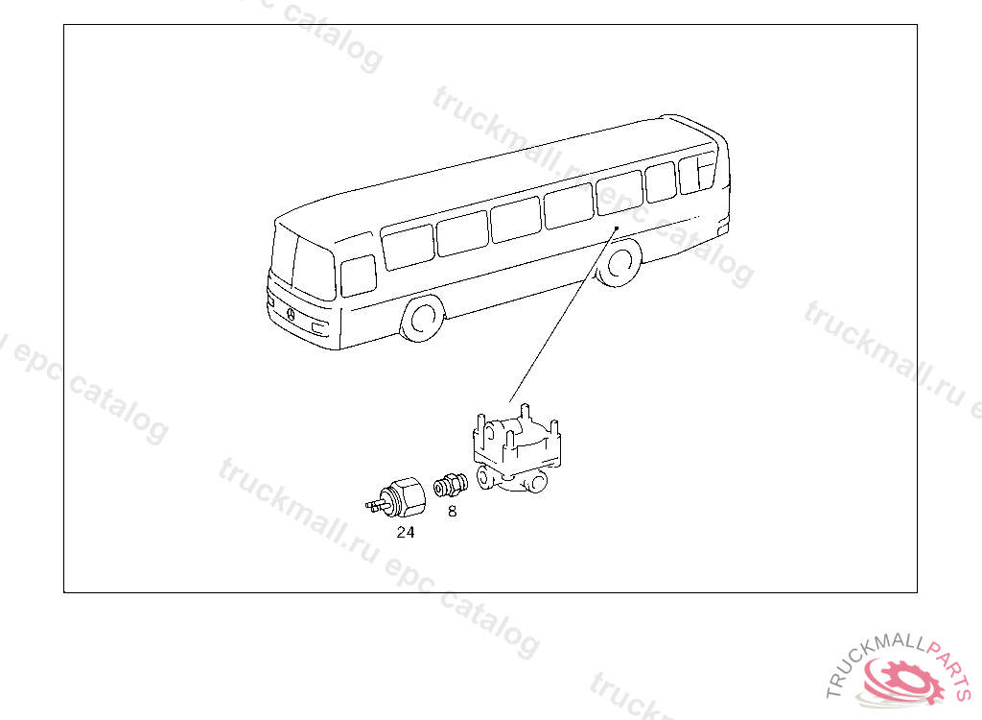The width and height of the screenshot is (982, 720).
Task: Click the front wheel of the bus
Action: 422,318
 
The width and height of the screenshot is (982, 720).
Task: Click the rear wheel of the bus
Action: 619,262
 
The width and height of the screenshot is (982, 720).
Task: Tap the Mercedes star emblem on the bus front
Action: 291,314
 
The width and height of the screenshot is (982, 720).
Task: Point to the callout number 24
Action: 406,532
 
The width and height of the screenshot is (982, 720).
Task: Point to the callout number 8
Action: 453,511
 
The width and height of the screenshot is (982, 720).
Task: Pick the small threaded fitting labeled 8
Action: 451,486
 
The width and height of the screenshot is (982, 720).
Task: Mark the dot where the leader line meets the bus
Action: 617,228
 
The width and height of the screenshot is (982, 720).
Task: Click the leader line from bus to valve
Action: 563,315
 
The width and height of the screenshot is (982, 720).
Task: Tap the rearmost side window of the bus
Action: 698,173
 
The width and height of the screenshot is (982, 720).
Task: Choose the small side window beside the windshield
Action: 359,276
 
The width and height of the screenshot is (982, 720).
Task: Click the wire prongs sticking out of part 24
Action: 374,504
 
